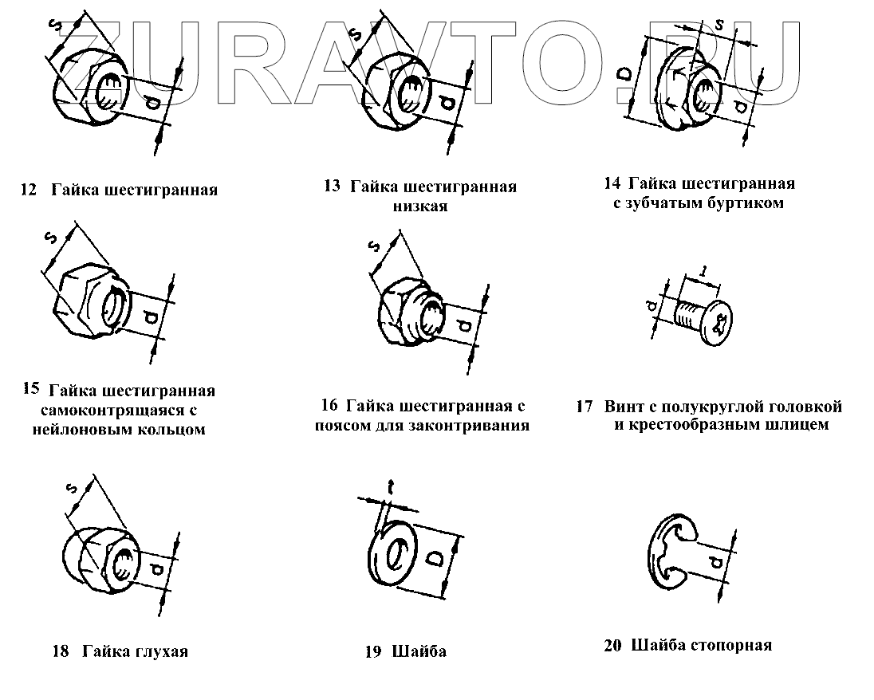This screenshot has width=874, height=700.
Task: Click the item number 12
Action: (28, 191)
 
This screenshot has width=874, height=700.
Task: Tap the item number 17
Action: (584, 407)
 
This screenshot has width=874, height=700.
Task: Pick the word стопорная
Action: (726, 645)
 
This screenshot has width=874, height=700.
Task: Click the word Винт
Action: (624, 407)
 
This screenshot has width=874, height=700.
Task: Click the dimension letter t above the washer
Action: (391, 486)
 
